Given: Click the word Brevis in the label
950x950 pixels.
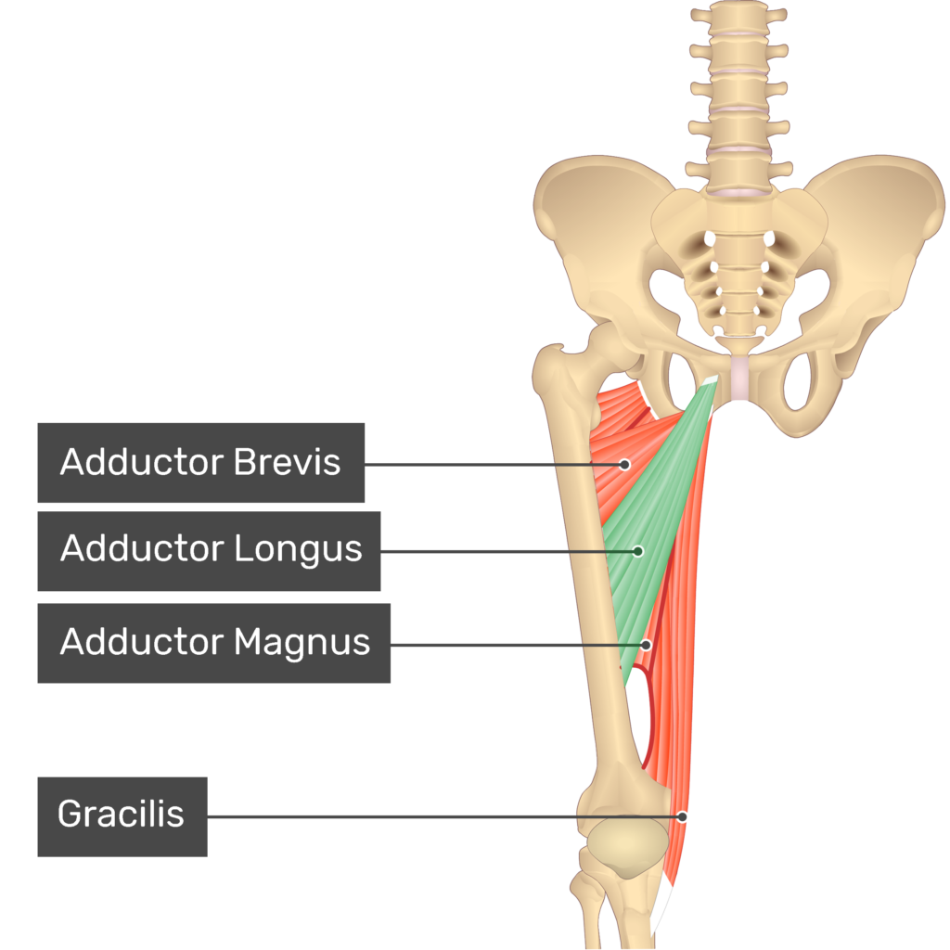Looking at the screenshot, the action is pyautogui.click(x=287, y=462).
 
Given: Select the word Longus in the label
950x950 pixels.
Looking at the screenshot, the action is pyautogui.click(x=298, y=548).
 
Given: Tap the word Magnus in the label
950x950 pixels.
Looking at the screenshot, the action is pyautogui.click(x=302, y=641).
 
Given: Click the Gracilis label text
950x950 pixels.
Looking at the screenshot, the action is pyautogui.click(x=121, y=815).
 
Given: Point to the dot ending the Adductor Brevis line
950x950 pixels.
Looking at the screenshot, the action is pyautogui.click(x=625, y=464).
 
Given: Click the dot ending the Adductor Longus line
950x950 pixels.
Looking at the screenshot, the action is pyautogui.click(x=638, y=551).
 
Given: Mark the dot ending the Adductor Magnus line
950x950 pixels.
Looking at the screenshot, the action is pyautogui.click(x=647, y=644).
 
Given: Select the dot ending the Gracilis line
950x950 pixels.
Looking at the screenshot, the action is pyautogui.click(x=682, y=816).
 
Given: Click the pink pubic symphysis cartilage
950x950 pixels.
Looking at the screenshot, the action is pyautogui.click(x=739, y=380).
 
